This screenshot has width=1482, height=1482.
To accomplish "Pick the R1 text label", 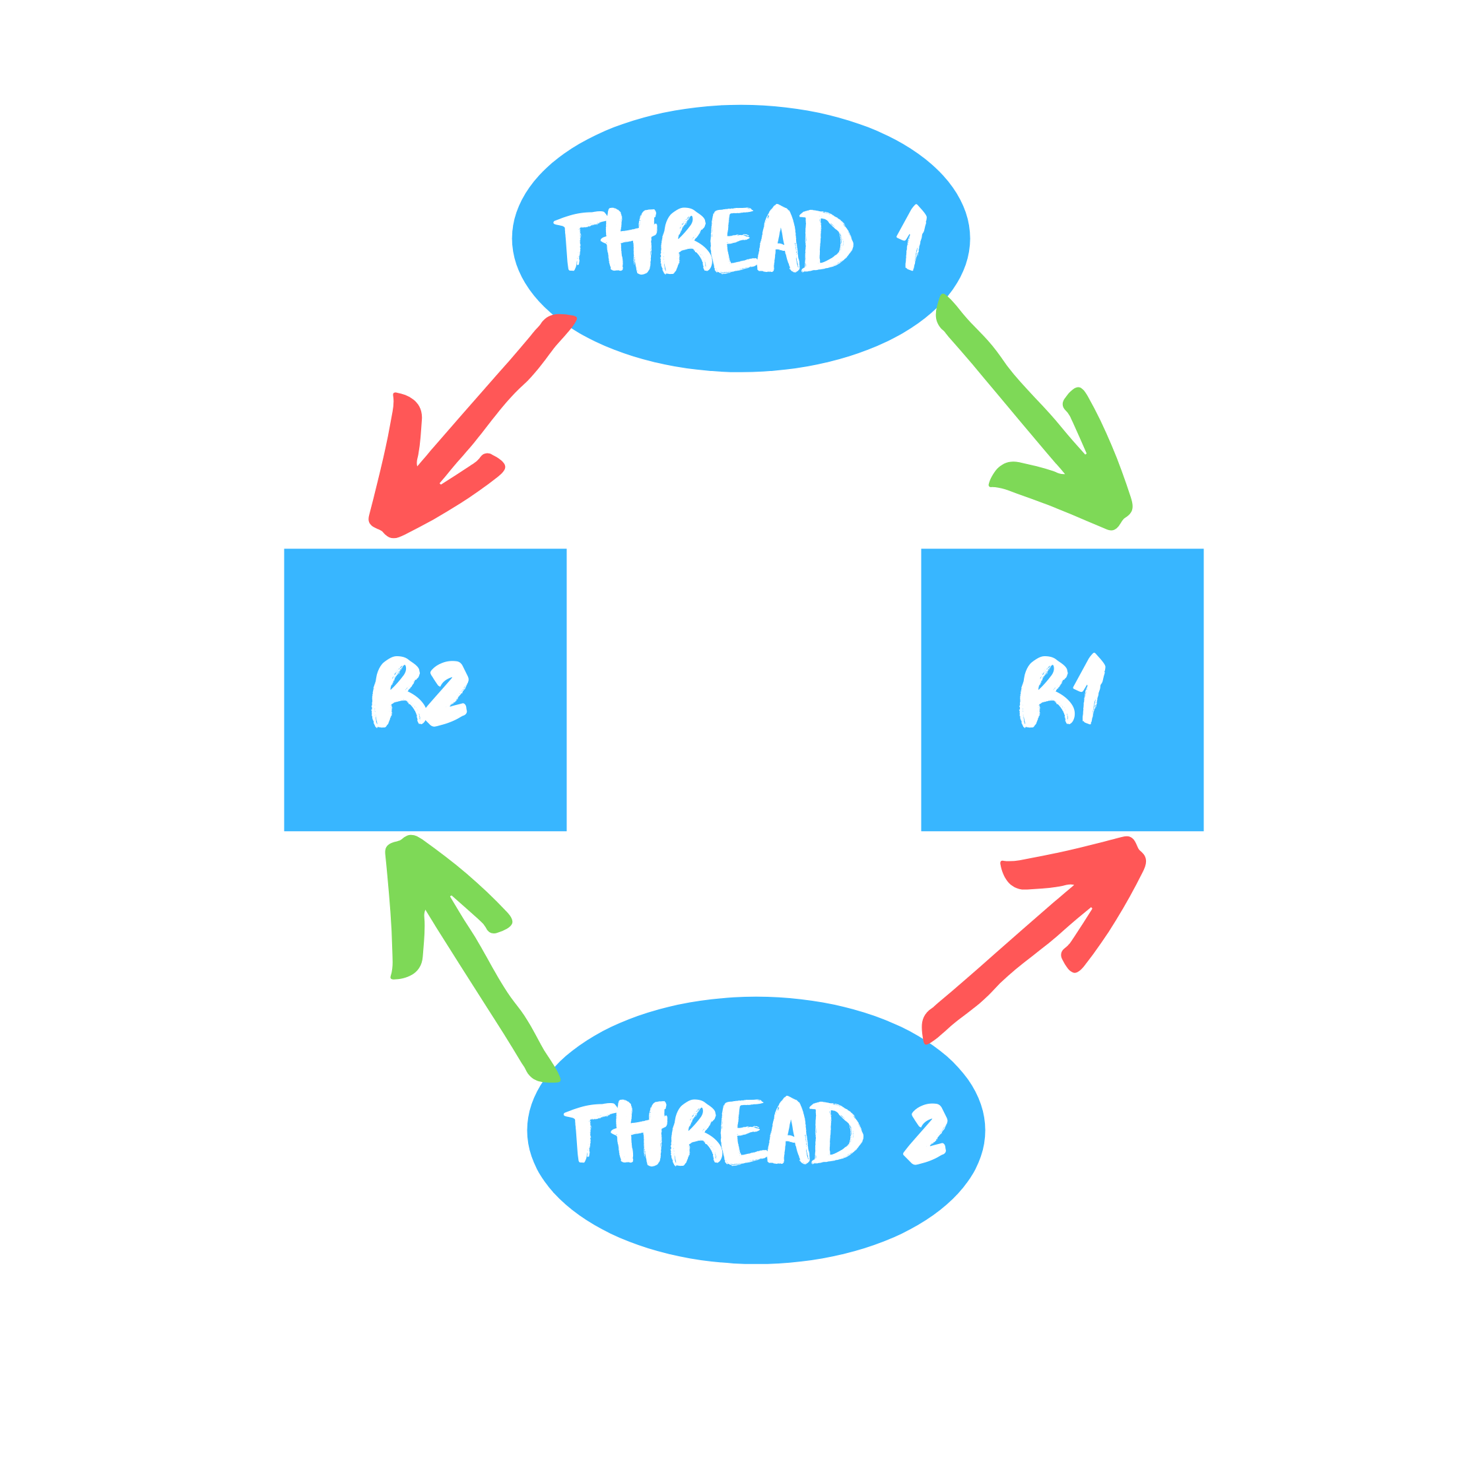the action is click(x=1062, y=690).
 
